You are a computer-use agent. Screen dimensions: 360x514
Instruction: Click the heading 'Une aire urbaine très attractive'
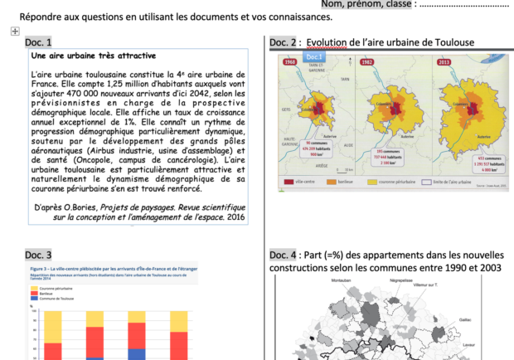coord(93,56)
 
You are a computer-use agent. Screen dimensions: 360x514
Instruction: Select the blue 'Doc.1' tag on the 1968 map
coord(314,56)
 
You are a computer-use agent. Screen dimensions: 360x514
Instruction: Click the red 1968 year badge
coord(290,62)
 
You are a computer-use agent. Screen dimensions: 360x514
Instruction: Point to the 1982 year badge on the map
coord(366,62)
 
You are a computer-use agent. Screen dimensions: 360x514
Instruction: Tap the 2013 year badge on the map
coord(444,62)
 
